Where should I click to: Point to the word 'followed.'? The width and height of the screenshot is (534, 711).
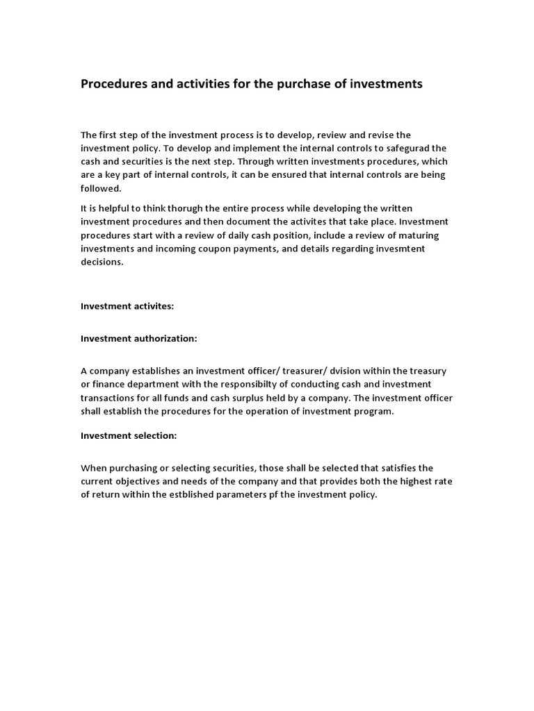101,188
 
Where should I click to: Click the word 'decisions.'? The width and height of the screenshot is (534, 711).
102,262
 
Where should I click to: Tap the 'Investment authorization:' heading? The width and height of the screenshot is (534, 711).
139,338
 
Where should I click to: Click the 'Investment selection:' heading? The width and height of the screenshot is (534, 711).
129,435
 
